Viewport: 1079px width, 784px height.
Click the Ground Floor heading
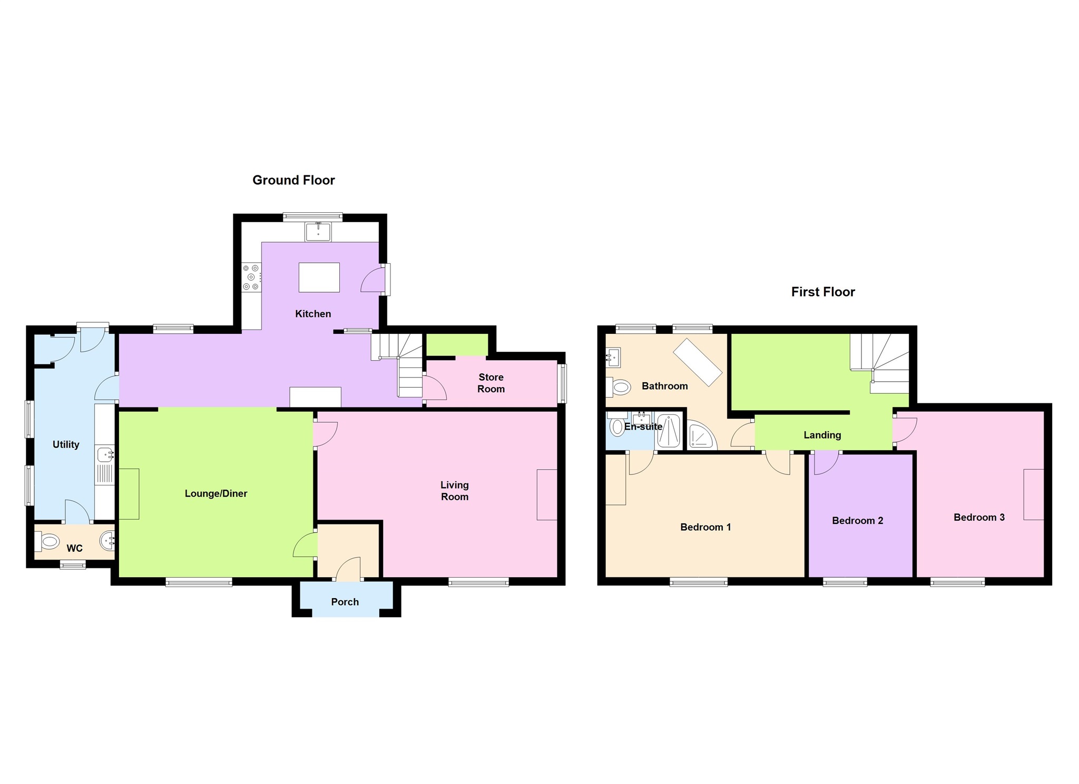[293, 180]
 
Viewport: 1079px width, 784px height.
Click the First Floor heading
[822, 292]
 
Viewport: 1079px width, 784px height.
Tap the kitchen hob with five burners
[251, 277]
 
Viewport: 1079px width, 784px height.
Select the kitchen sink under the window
[318, 232]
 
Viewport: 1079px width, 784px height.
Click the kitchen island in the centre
[319, 277]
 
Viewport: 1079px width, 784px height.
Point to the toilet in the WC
[48, 541]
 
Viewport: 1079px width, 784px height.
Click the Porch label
[345, 602]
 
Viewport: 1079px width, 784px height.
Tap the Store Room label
[491, 383]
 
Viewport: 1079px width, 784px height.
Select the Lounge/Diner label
[215, 493]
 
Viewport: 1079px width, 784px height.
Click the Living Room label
[454, 490]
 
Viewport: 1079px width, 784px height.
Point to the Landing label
[822, 435]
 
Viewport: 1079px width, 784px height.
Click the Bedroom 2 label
[857, 521]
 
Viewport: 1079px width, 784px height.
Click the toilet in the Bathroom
[619, 388]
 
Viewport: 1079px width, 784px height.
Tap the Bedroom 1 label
[705, 527]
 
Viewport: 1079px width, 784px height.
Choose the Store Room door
[434, 389]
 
